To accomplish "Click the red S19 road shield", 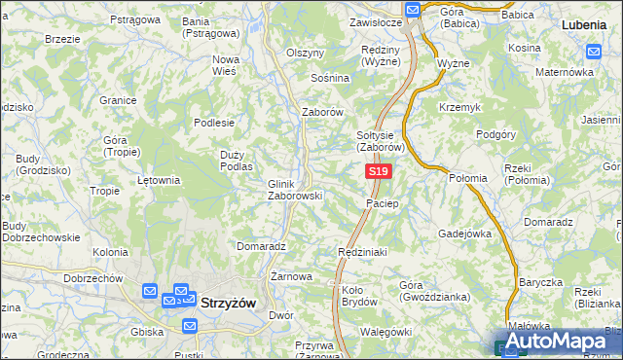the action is point(379,172).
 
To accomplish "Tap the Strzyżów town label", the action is point(228,303).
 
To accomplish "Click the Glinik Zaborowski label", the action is point(294,189).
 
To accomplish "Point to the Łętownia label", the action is point(159,180).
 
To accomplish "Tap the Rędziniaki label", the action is point(362,252).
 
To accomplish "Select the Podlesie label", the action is point(214,123).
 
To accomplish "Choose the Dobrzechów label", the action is point(92,278).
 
